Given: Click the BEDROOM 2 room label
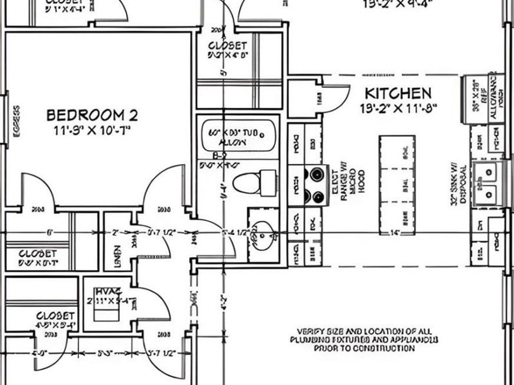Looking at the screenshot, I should (x=91, y=115).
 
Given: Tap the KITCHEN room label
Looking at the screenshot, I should (x=398, y=93).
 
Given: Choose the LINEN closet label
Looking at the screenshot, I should (x=117, y=252).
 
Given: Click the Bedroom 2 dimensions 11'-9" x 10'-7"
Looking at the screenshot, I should (x=91, y=130).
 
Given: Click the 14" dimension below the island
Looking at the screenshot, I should (x=394, y=233).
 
